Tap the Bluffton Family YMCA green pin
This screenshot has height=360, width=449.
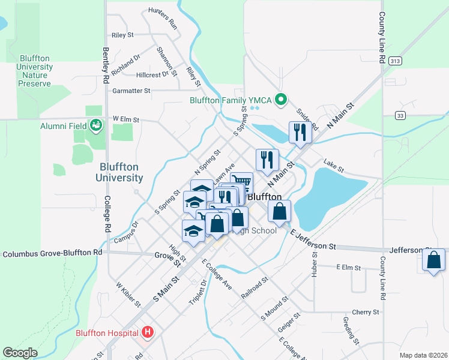[x=280, y=100]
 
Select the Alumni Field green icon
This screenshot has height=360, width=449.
[x=95, y=125]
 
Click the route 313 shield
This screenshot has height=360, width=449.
[x=394, y=61]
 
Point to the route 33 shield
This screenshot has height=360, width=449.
[x=401, y=115]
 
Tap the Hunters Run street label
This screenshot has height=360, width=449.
[x=163, y=18]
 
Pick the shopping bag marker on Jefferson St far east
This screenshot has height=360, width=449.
[x=433, y=260]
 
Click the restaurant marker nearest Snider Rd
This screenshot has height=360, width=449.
[x=298, y=132]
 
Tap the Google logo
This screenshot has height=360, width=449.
[x=20, y=352]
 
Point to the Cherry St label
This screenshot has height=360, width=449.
[x=366, y=312]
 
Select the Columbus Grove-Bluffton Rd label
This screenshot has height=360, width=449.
[x=52, y=254]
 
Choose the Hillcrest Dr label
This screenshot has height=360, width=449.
[x=152, y=75]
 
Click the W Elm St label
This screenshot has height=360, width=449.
[x=127, y=120]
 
